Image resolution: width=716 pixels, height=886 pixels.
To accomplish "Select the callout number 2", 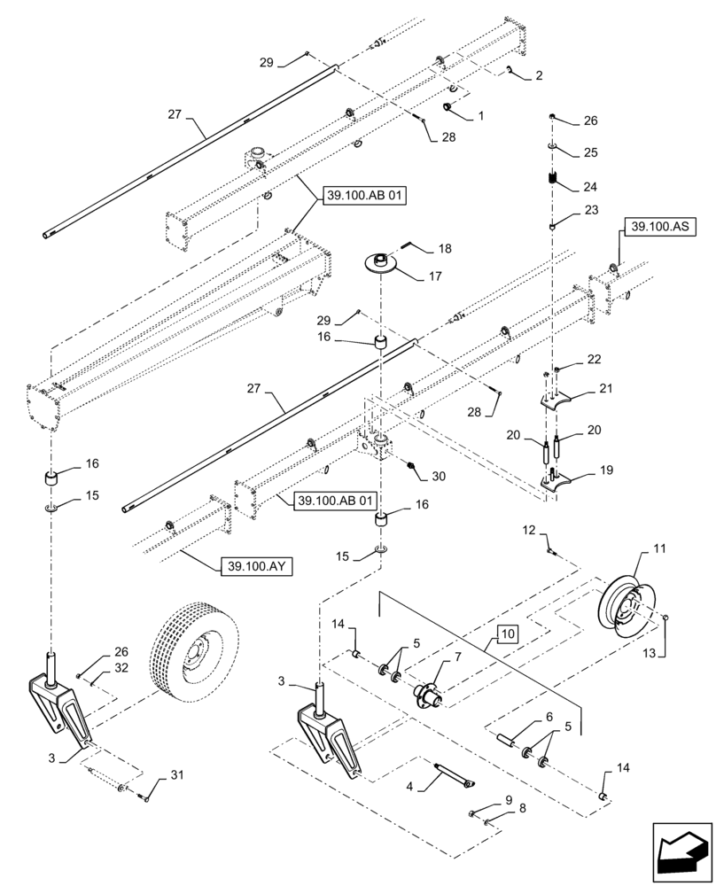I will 539,76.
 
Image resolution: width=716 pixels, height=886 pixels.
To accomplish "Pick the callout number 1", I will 481,115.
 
